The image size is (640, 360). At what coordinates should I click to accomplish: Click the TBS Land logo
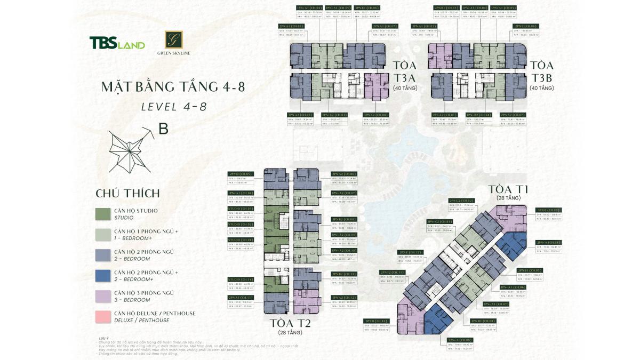coord(117,43)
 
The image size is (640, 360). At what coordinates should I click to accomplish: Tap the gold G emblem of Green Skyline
coord(174,39)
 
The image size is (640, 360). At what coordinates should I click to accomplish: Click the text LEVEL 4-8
coord(173,106)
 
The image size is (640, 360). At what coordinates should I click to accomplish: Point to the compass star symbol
coord(128,151)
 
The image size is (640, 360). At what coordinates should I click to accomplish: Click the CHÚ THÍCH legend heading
coord(127,193)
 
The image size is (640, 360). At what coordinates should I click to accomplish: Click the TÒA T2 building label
coord(290,323)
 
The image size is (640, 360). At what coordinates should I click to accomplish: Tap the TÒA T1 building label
coord(508,189)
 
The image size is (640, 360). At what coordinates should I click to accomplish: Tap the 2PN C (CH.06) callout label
coord(525,26)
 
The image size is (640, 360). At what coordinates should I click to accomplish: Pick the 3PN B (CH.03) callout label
coord(549,211)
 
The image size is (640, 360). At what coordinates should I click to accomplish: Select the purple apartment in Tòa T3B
coord(441,56)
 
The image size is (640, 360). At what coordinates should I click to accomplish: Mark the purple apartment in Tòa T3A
coord(376,85)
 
